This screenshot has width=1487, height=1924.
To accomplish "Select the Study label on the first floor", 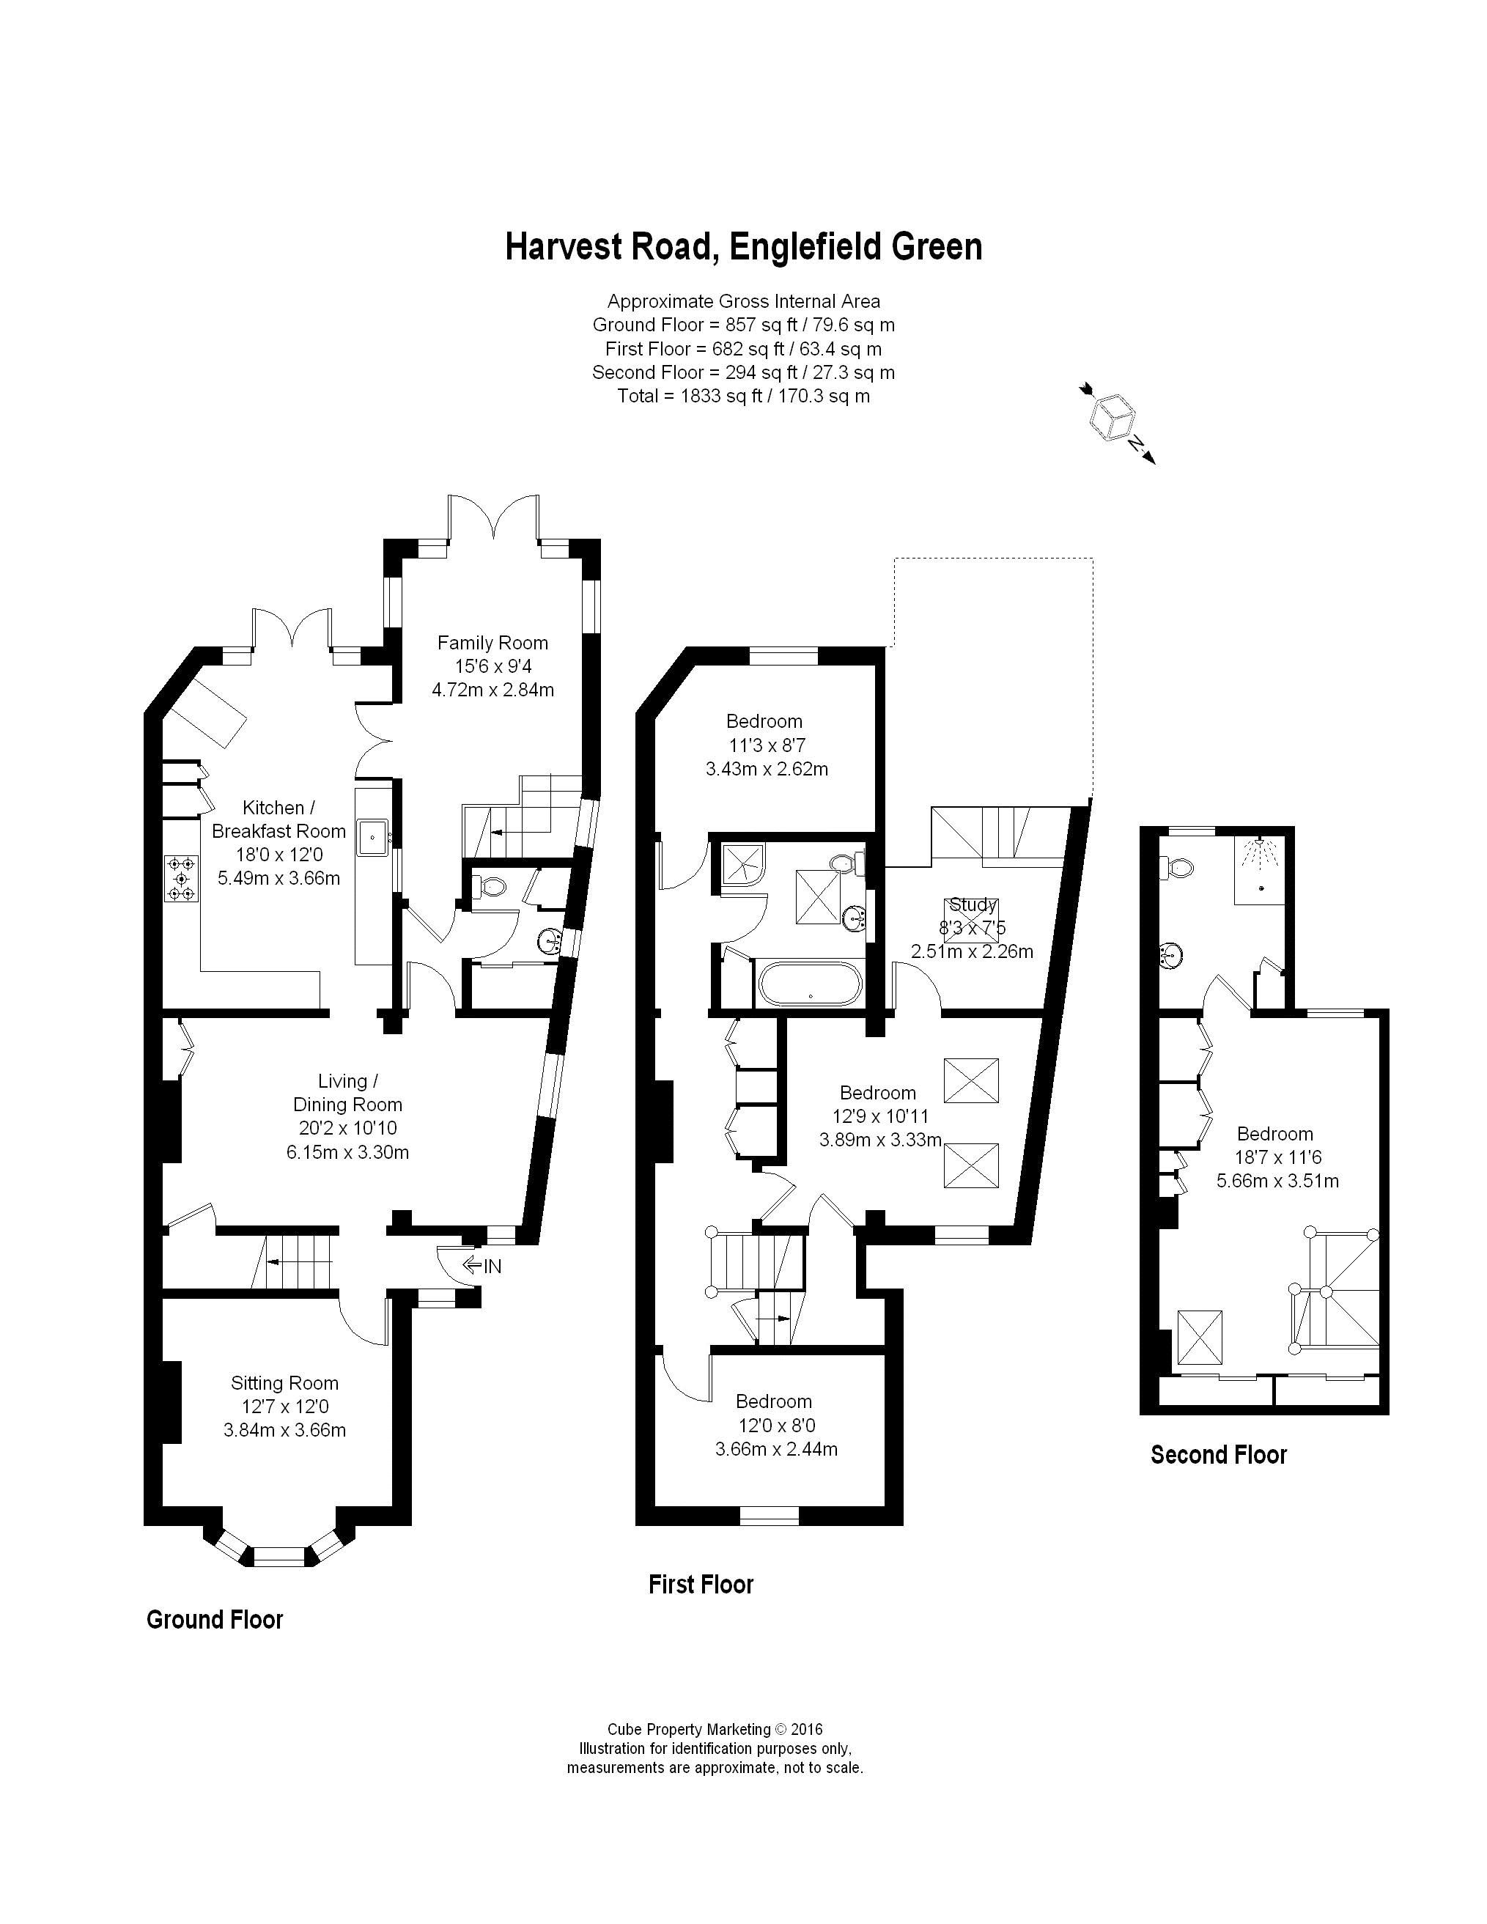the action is [x=973, y=904].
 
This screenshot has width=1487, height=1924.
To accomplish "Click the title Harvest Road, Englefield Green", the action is [x=743, y=247].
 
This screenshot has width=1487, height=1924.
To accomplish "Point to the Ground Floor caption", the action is [x=215, y=1619].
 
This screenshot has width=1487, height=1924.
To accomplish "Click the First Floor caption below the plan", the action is [x=701, y=1585].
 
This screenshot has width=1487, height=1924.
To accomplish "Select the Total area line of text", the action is [x=743, y=397].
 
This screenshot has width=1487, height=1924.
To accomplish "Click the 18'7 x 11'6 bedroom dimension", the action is [x=1277, y=1157].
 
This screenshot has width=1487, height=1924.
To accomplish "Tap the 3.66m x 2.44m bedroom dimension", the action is [x=776, y=1449].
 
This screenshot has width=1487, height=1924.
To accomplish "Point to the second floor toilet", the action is [x=1176, y=869].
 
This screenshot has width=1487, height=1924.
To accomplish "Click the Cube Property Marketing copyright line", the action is [x=715, y=1729].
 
